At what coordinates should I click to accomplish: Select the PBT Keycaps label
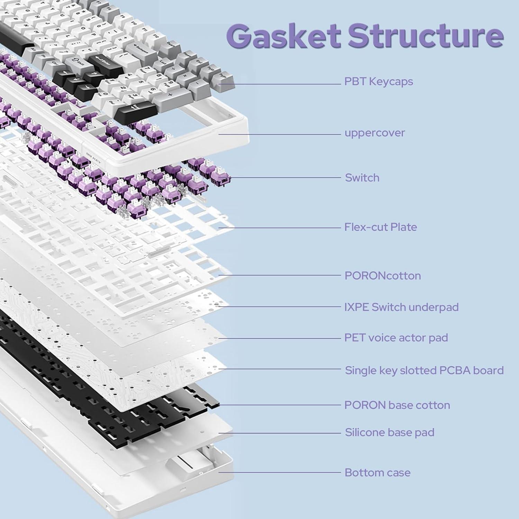(x=379, y=82)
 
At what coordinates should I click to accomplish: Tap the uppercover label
(x=375, y=133)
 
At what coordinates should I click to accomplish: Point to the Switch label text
(x=362, y=178)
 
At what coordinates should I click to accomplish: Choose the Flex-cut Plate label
(x=381, y=227)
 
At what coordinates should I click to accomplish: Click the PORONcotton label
(x=383, y=276)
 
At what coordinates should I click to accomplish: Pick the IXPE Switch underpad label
(x=401, y=307)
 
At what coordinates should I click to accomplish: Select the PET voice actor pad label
(x=396, y=338)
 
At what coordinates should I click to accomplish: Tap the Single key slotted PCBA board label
(x=424, y=371)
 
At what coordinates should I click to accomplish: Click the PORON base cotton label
(x=397, y=405)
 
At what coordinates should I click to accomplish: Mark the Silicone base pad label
(x=390, y=432)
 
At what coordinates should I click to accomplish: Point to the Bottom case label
(x=377, y=473)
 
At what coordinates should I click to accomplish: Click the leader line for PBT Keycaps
(x=280, y=84)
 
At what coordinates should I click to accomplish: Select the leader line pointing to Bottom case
(x=280, y=472)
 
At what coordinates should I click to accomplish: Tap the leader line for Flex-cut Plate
(x=280, y=228)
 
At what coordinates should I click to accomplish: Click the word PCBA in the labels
(x=455, y=371)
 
